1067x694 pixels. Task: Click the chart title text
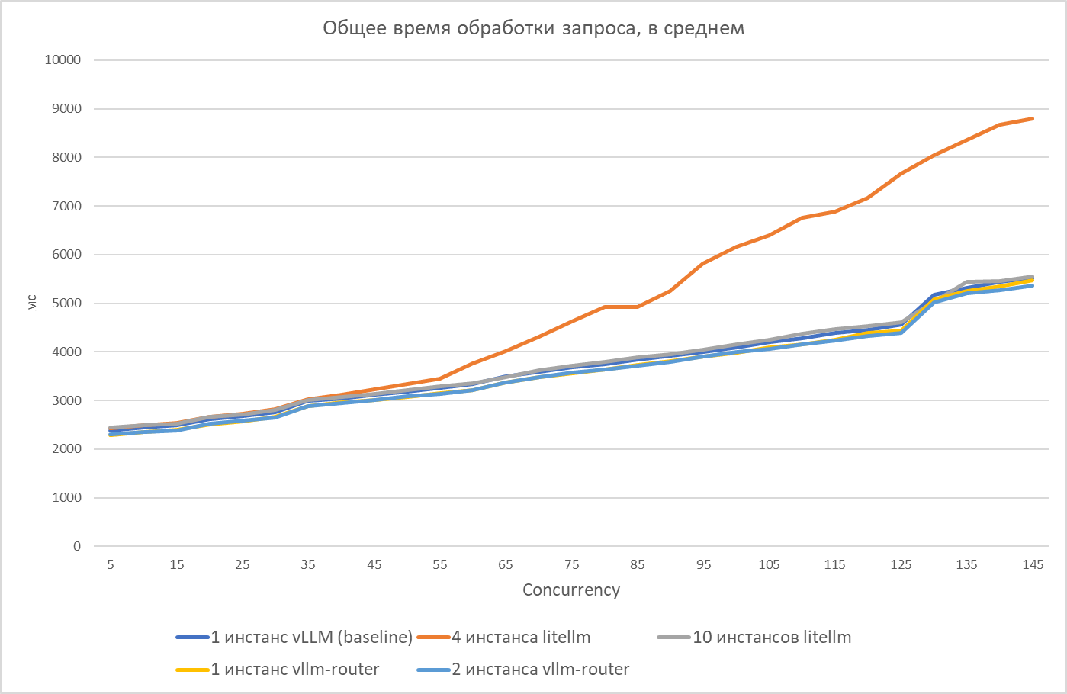533,29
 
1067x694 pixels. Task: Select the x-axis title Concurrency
571,590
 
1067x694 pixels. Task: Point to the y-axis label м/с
32,304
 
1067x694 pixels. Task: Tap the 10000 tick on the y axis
63,60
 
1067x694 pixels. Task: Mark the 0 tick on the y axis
76,546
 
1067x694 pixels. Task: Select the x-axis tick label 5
111,565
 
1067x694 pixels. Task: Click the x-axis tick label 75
571,565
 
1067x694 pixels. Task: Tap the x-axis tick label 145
1033,565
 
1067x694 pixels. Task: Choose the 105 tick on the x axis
769,565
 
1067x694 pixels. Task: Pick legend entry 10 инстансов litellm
771,638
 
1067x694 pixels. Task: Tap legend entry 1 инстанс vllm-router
294,670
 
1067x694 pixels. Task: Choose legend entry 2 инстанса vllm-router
540,670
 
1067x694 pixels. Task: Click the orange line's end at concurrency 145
1033,119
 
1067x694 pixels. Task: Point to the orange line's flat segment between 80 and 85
621,307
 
